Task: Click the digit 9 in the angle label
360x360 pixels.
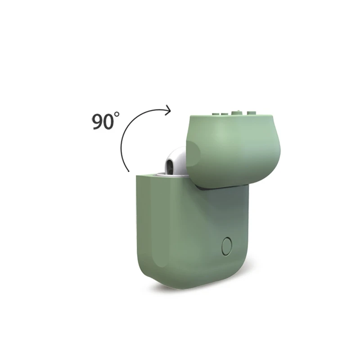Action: (98, 121)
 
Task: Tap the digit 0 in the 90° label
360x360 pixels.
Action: (108, 121)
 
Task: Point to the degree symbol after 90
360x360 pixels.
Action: (117, 114)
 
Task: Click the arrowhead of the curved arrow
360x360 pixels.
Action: (168, 110)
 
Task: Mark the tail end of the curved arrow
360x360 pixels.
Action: (129, 171)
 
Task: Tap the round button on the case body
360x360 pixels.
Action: (227, 246)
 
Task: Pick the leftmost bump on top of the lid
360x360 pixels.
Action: (216, 114)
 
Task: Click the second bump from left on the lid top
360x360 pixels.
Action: (224, 114)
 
